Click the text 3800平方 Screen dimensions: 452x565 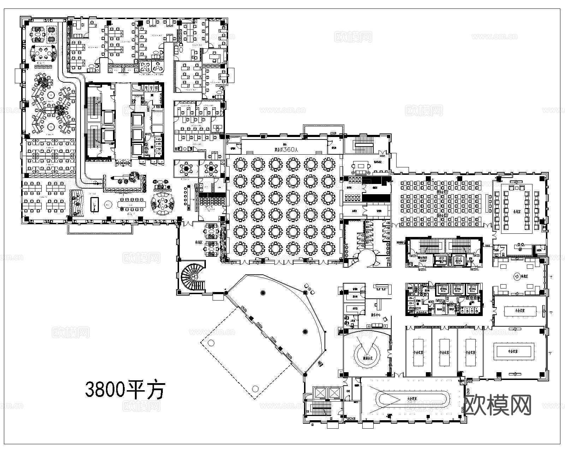[125, 389]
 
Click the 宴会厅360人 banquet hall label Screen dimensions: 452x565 [286, 150]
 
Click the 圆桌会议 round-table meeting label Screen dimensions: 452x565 [369, 358]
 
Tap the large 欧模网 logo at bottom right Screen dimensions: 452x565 [498, 405]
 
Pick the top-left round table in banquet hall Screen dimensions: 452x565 [240, 165]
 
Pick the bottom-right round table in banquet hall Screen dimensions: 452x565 [328, 249]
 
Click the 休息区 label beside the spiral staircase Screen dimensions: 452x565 [198, 233]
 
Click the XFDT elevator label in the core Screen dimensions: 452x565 [441, 258]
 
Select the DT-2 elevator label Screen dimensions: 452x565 [458, 258]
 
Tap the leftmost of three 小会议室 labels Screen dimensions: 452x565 [418, 352]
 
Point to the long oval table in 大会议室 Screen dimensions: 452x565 [413, 399]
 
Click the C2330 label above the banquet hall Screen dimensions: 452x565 [333, 133]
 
